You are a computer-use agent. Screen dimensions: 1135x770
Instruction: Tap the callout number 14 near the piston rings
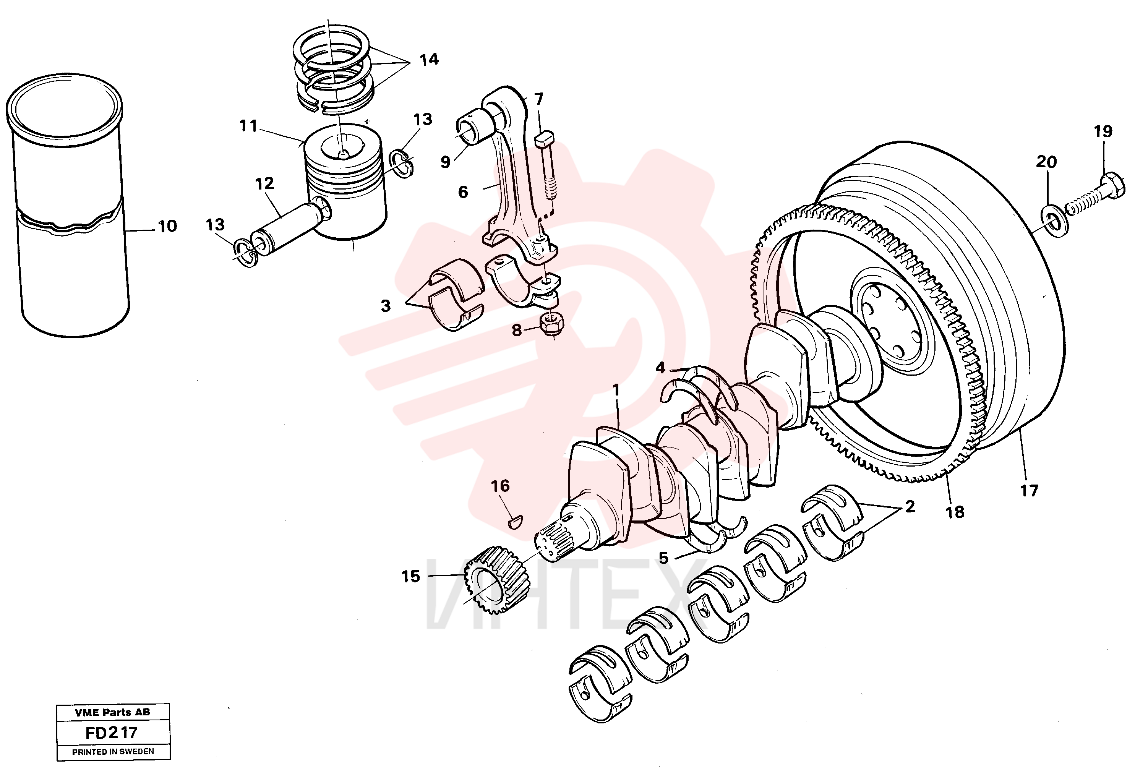(429, 60)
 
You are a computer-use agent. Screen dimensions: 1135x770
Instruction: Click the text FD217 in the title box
(111, 733)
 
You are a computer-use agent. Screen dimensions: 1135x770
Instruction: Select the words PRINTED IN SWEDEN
(113, 752)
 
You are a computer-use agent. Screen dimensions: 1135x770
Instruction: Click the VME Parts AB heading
(112, 712)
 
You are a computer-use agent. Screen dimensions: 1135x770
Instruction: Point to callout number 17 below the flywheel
(1028, 490)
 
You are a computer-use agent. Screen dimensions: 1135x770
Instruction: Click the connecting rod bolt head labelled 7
(545, 140)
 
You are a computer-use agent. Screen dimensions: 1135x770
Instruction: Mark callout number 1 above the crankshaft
(616, 390)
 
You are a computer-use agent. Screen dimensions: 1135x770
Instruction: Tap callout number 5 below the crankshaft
(663, 557)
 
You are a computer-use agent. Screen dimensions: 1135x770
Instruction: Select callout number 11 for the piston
(248, 126)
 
